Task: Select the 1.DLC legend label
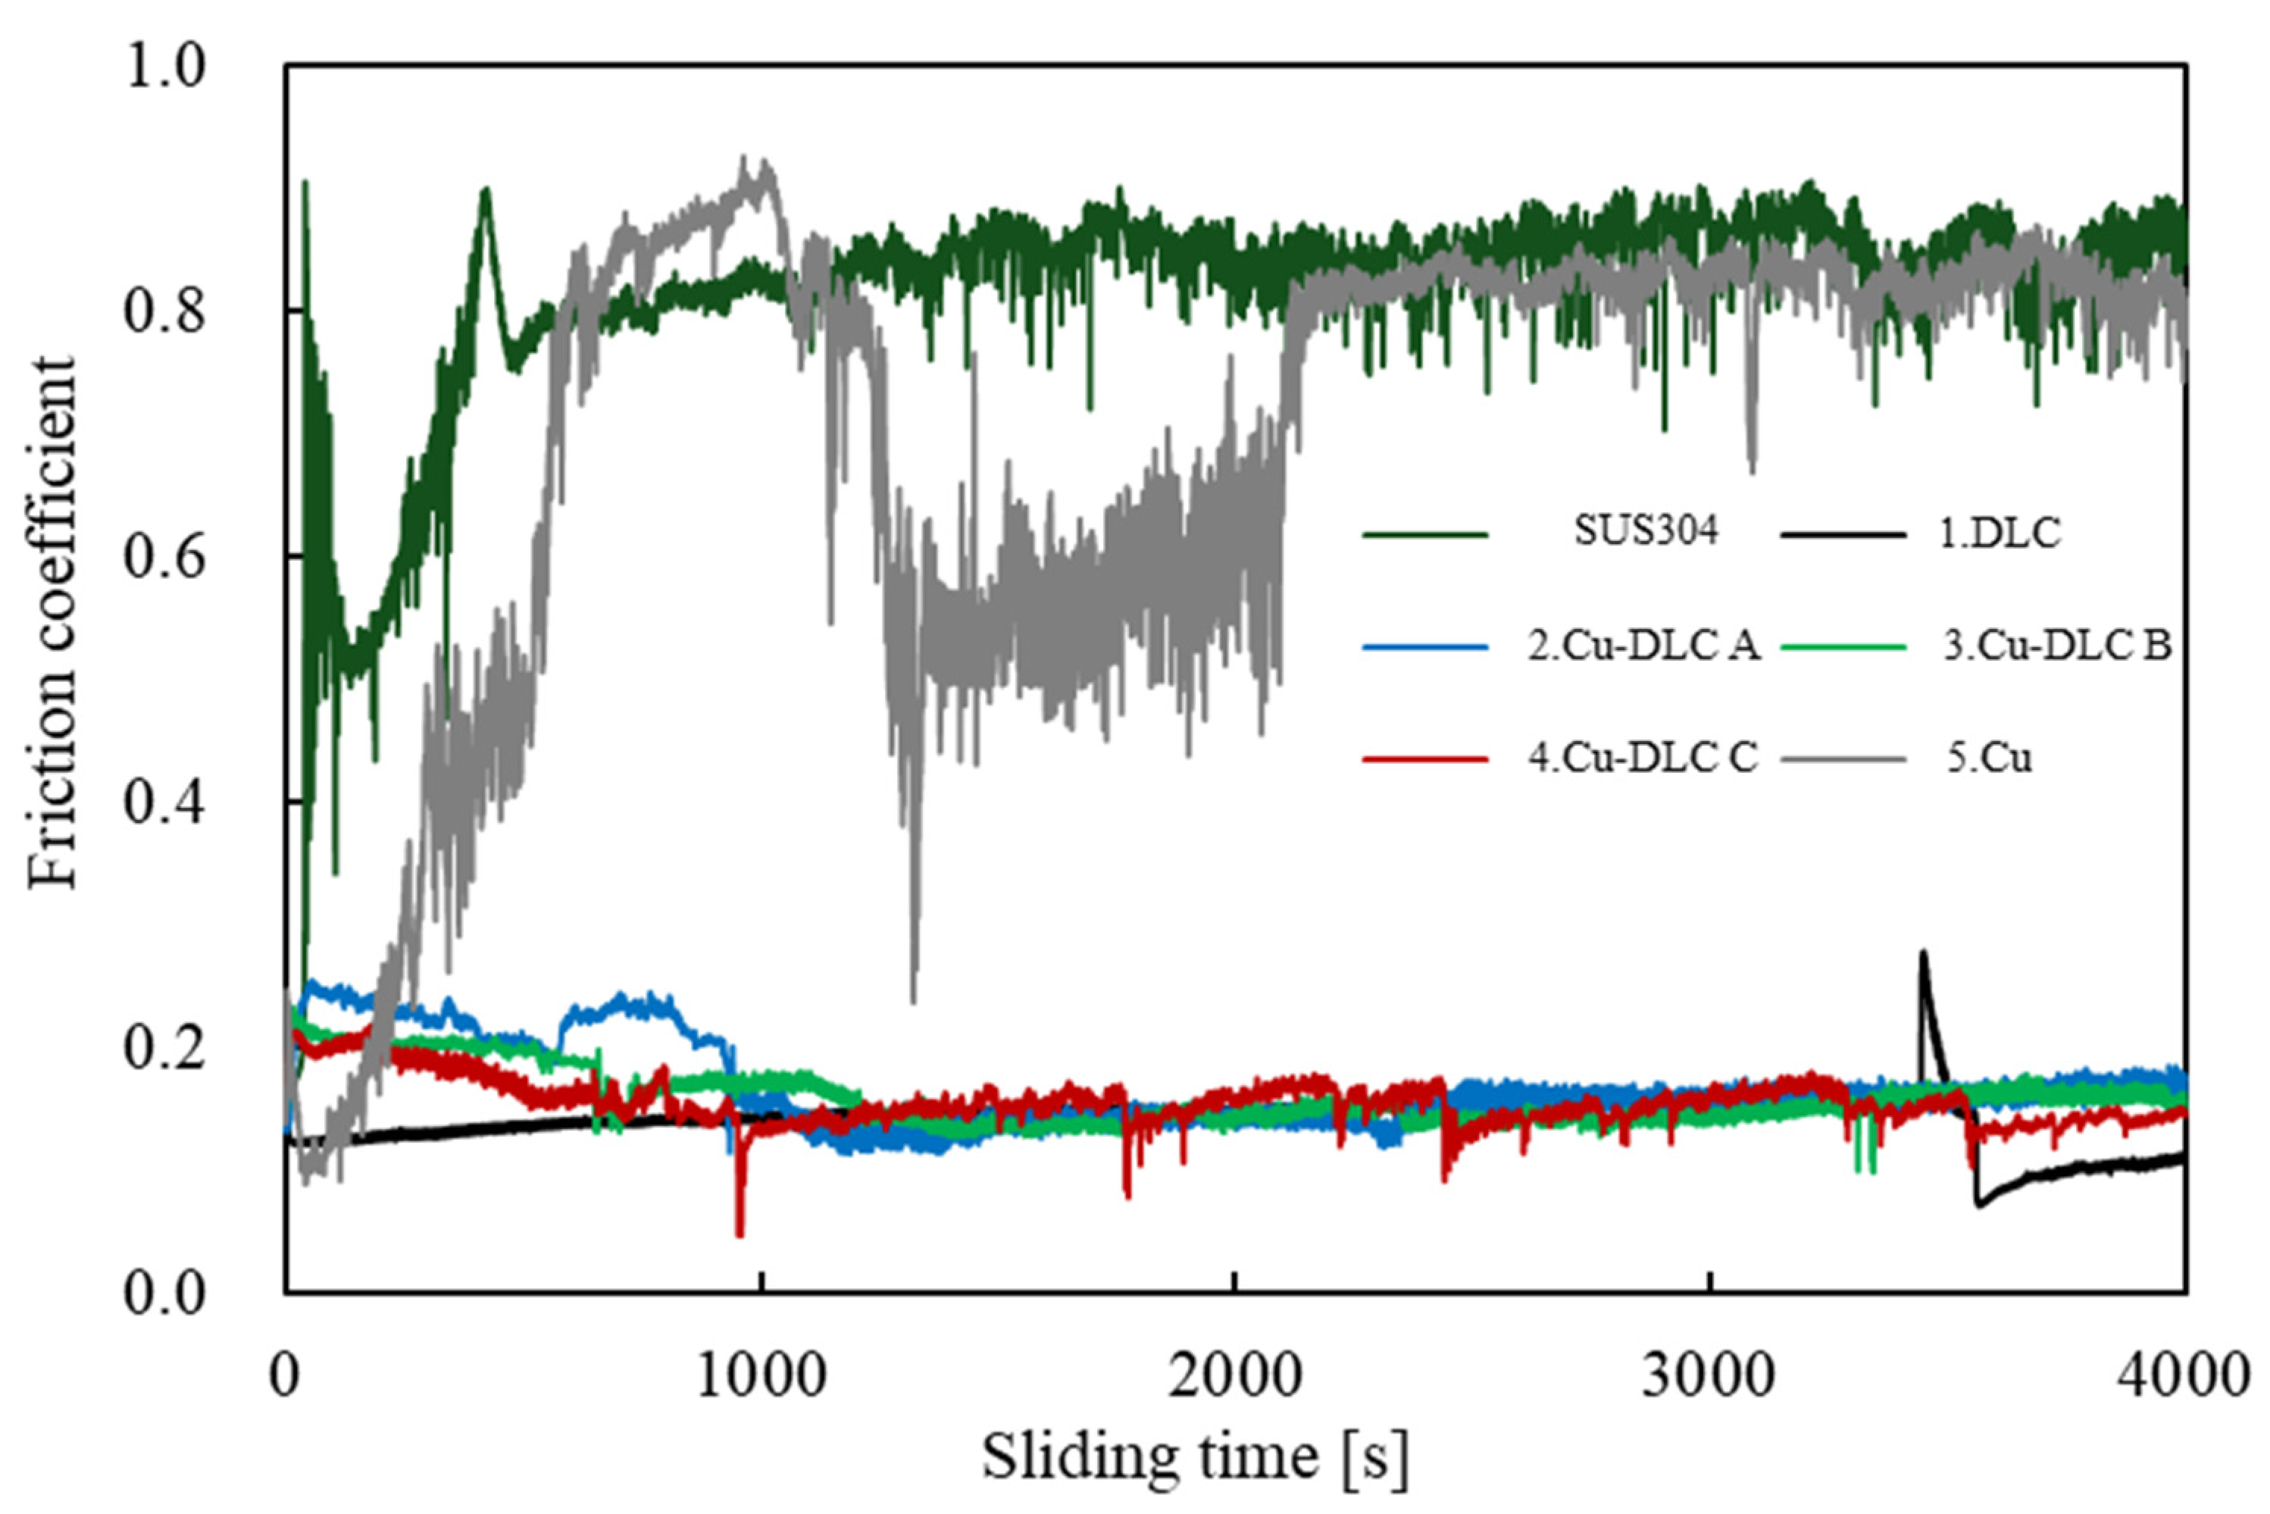point(1993,533)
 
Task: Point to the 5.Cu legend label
point(1989,758)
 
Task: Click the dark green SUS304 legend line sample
point(1425,534)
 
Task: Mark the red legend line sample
point(1425,759)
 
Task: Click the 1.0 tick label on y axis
point(165,67)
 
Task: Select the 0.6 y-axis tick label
point(165,558)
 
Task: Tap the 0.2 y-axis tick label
point(165,1049)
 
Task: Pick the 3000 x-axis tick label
point(1710,1377)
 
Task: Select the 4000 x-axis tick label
point(2184,1377)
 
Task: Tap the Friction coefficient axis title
point(52,623)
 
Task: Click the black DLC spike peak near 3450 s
point(1922,954)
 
